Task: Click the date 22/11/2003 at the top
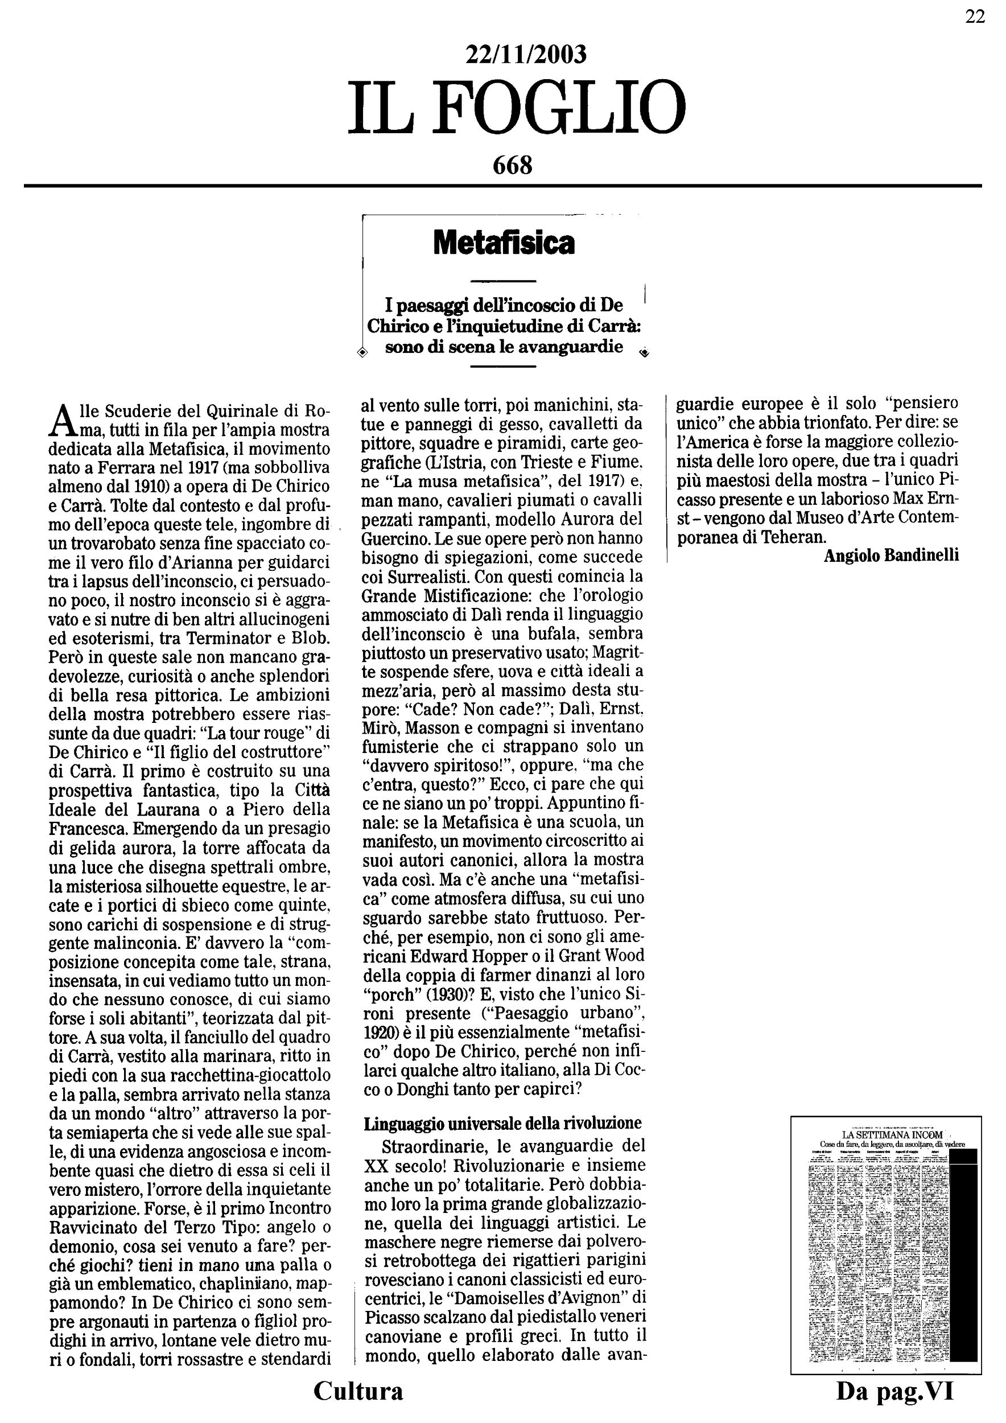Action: pos(525,55)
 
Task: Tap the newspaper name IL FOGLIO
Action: pos(516,109)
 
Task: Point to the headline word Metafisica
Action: pos(504,243)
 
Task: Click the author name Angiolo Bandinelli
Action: pos(891,556)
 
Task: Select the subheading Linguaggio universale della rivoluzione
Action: pos(502,1122)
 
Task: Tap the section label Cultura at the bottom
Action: pos(358,1391)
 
